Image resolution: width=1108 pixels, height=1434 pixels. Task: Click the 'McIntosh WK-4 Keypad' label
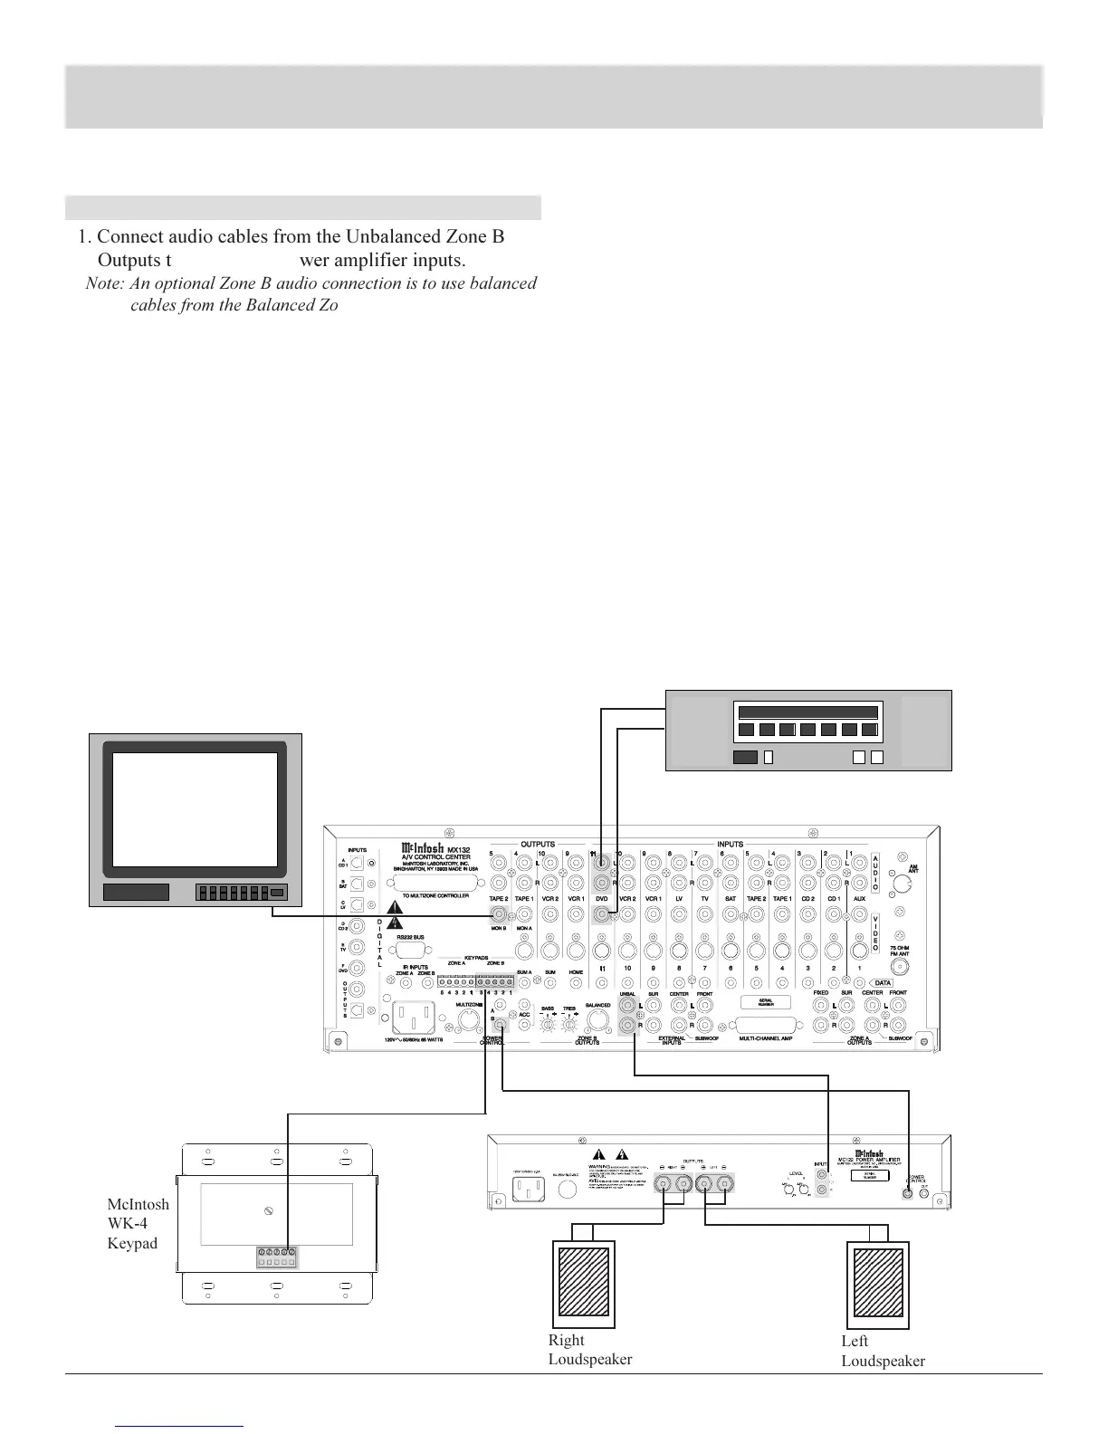138,1223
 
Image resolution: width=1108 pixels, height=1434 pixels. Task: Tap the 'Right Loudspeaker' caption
589,1349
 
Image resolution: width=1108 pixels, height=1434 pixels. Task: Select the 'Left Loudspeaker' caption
882,1350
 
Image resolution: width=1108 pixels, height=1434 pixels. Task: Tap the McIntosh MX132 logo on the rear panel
435,848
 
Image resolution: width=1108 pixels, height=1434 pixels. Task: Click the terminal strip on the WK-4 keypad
277,1257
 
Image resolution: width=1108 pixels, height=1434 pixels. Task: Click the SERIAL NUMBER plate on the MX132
761,1002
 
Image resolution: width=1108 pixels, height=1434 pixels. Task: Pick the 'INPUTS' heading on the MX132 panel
730,845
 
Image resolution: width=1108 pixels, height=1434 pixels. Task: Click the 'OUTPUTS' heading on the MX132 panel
537,845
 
